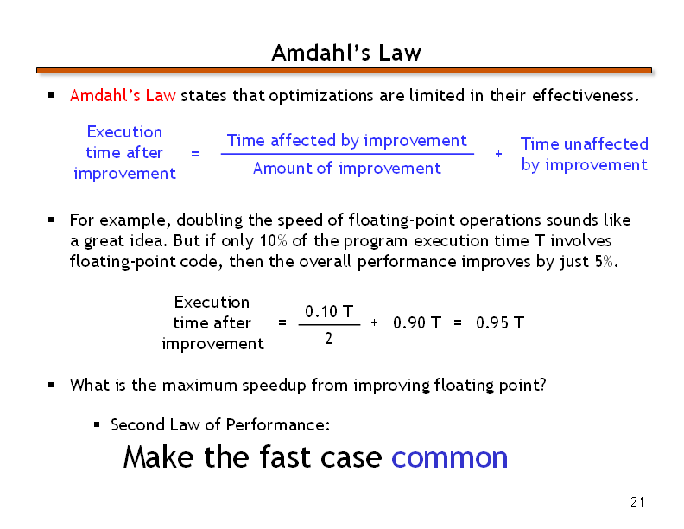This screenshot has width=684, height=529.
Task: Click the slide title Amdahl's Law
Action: pos(346,53)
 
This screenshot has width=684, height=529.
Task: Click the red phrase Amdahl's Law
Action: pos(123,95)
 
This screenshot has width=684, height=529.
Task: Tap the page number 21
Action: pos(637,502)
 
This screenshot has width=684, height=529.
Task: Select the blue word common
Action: pos(450,458)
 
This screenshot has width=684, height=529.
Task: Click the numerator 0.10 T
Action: pos(329,312)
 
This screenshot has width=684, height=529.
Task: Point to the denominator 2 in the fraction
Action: pos(329,338)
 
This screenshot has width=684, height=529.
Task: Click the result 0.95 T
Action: pos(500,323)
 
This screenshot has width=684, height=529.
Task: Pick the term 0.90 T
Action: pos(417,323)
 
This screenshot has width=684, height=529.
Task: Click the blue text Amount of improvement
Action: pos(347,168)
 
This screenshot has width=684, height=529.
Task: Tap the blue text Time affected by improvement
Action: pos(347,141)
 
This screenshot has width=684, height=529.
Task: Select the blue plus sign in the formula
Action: pos(498,154)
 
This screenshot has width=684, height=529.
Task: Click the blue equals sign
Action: pos(195,154)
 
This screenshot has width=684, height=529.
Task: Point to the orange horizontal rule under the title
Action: pos(344,70)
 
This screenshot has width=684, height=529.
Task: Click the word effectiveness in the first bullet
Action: pos(586,95)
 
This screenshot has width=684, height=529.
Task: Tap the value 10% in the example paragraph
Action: pos(274,240)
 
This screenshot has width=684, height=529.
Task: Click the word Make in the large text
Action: pos(159,457)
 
